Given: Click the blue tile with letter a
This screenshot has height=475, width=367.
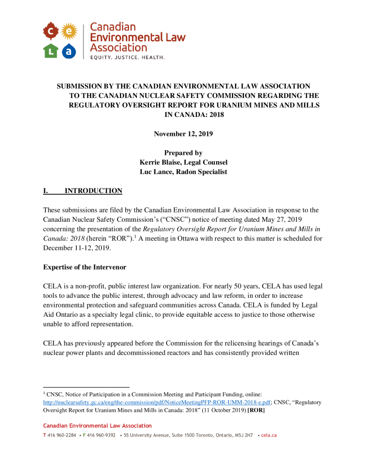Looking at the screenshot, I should point(68,51).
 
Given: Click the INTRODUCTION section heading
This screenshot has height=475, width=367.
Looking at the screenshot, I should point(93,191).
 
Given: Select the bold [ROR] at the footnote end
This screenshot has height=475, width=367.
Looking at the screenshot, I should point(256,411).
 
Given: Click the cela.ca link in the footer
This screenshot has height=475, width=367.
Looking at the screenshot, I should point(269,436).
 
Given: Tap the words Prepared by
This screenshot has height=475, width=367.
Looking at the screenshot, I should point(183,153).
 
